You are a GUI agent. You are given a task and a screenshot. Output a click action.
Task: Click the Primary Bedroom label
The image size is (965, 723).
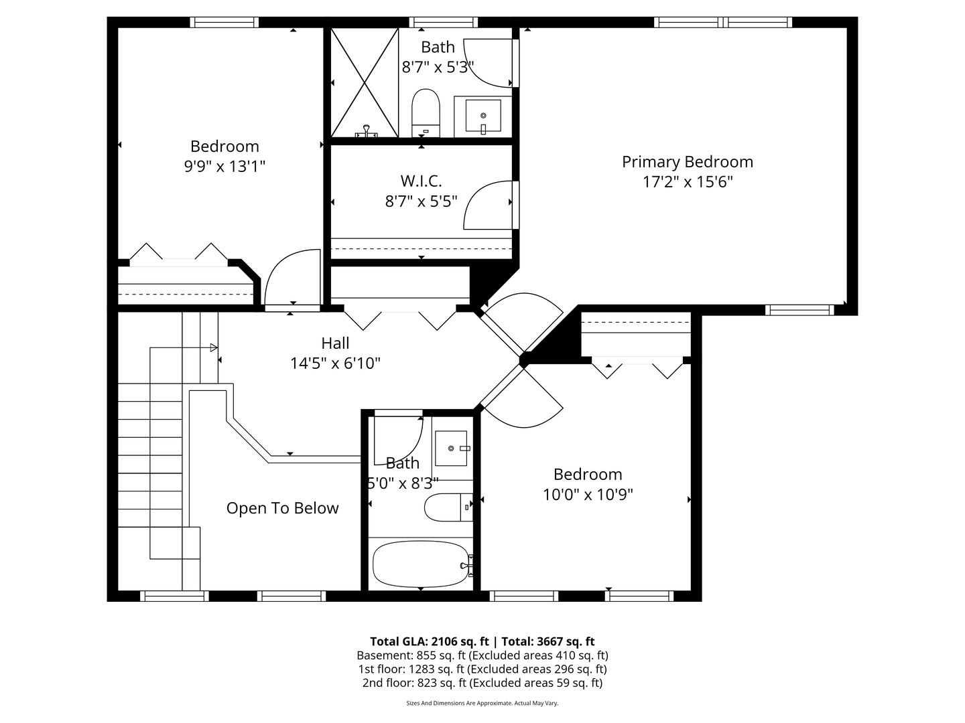coord(687,162)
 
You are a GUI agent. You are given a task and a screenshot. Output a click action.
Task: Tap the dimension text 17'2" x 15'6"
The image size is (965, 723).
coord(688,182)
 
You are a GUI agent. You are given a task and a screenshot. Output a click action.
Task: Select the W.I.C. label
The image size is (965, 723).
coord(421,181)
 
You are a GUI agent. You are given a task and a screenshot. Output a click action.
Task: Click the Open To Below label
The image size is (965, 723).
coord(282,508)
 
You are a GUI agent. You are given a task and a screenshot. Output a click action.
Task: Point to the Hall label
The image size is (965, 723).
coord(335,343)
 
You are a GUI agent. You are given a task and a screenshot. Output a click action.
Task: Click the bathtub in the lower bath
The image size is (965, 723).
coord(420,564)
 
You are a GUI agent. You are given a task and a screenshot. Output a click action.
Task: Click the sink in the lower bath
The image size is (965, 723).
coord(454,448)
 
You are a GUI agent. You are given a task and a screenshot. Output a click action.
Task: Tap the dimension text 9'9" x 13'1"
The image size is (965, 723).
coord(224,167)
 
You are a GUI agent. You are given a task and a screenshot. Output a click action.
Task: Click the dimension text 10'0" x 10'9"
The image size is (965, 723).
coord(588,495)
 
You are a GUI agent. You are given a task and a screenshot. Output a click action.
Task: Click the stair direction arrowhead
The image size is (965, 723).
coord(214,347)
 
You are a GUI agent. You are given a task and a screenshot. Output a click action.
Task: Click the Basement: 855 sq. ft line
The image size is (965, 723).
coord(482,655)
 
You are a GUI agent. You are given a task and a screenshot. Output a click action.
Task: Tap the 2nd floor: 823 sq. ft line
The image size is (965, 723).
coord(482,683)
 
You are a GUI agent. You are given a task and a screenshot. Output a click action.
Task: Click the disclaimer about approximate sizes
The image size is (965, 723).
coord(482,703)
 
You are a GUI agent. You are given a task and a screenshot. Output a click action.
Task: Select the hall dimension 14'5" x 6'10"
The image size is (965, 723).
coord(335,364)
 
